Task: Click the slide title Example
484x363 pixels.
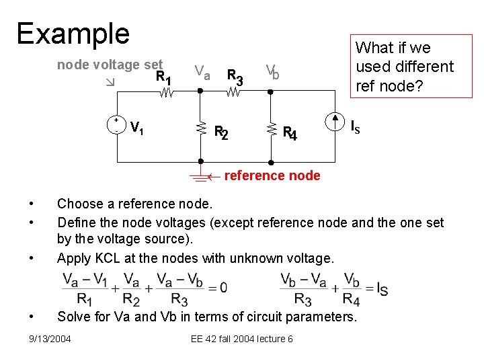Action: [x=73, y=33]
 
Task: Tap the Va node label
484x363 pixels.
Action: [x=202, y=71]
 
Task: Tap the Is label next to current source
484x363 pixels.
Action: [x=356, y=126]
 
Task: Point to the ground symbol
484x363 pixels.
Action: [x=199, y=177]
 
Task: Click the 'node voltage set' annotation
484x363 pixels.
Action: [x=110, y=65]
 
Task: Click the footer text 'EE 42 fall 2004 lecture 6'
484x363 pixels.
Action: [x=242, y=338]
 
